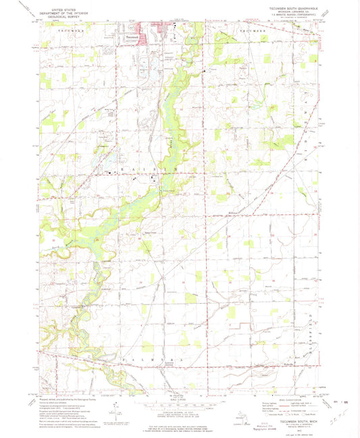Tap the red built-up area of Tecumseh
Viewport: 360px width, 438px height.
coord(145,34)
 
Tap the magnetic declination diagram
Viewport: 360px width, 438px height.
coord(116,408)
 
